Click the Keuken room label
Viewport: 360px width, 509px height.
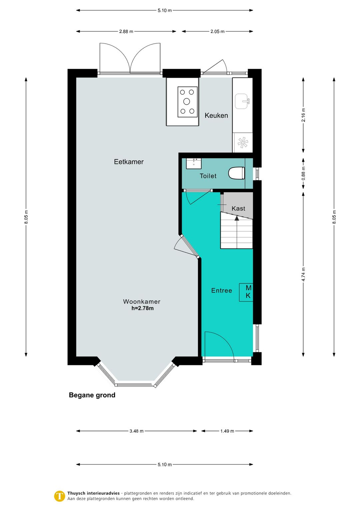[x=216, y=115]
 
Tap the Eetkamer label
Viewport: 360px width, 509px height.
[x=129, y=162]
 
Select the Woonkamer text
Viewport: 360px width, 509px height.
[x=142, y=302]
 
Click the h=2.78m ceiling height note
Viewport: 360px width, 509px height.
[x=142, y=308]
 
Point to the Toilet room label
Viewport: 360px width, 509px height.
[x=208, y=176]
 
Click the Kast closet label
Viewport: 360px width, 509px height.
[x=238, y=208]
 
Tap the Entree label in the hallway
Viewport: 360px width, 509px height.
[x=221, y=291]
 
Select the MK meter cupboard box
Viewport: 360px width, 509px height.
[x=246, y=292]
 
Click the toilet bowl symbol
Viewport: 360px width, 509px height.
[x=236, y=173]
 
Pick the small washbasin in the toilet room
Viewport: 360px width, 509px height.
[x=194, y=163]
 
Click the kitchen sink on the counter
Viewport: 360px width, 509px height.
[x=242, y=101]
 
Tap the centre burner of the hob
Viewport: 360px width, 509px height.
[x=187, y=102]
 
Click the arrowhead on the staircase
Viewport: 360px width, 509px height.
[x=237, y=218]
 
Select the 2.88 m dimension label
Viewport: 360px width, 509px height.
[x=126, y=32]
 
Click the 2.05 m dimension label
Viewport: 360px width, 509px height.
[x=217, y=32]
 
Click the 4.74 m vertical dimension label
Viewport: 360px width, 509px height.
[x=303, y=274]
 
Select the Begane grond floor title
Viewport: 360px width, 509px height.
[x=92, y=395]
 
